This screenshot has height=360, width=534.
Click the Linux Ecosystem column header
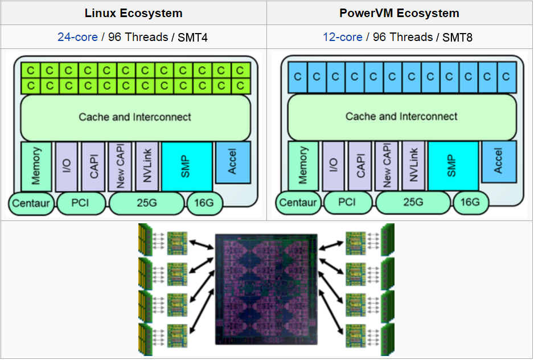133,13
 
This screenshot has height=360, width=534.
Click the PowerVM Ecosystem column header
399,13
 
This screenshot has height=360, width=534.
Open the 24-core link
77,37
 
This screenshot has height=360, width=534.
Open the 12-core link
343,37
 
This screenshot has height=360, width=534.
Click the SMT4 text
193,37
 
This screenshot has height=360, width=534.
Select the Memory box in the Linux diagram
36,166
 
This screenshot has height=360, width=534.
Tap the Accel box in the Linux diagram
233,162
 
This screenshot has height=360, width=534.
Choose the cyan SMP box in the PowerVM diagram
453,166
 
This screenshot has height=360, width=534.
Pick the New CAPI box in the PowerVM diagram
387,166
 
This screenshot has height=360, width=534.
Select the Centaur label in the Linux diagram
31,203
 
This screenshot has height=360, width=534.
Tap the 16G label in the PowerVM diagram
470,203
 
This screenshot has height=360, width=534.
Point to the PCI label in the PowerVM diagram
347,203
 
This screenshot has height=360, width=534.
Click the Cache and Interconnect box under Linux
135,117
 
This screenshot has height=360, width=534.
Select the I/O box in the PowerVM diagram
334,166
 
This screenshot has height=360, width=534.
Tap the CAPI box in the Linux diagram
93,166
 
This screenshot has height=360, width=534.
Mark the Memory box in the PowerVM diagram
303,166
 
